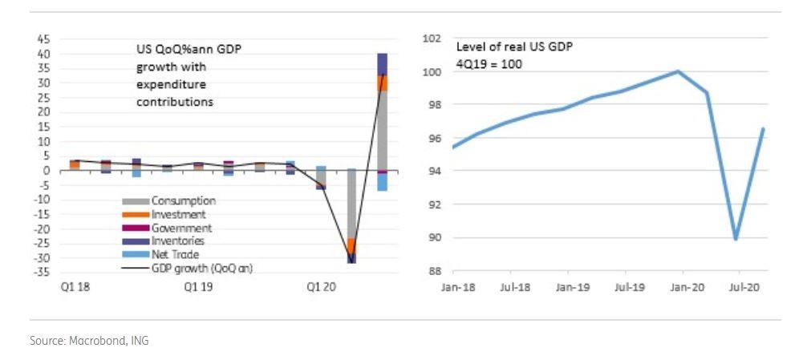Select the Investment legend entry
click(179, 214)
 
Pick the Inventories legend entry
click(178, 241)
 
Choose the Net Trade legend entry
click(175, 253)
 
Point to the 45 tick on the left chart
click(43, 38)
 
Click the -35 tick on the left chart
click(41, 273)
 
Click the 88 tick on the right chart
click(434, 271)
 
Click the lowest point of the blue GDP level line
click(736, 239)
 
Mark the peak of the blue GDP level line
click(679, 71)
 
